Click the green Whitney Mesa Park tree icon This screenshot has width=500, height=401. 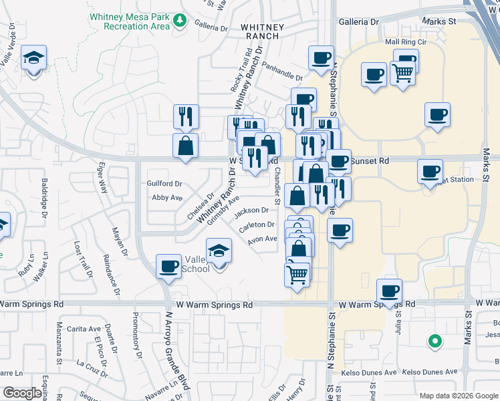(179, 20)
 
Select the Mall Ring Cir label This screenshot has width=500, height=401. (406, 42)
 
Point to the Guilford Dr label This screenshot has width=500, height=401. (164, 183)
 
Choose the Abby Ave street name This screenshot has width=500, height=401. (167, 198)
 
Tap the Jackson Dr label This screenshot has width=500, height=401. (251, 211)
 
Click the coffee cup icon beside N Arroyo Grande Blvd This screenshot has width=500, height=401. (168, 267)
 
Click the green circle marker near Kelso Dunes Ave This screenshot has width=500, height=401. (435, 342)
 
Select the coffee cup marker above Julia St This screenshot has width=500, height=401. (389, 290)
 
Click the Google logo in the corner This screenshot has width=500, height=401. (23, 394)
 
